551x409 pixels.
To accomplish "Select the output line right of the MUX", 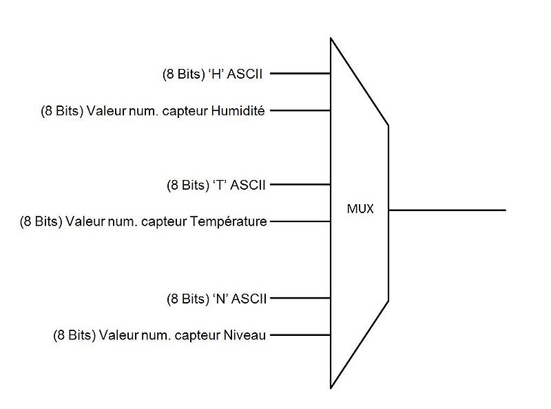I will [x=448, y=209].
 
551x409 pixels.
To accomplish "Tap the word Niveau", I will [x=245, y=336].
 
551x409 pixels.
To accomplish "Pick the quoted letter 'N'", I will [x=220, y=299].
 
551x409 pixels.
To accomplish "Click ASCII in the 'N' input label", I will [x=249, y=299].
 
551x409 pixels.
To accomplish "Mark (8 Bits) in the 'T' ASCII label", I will [x=187, y=185].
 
